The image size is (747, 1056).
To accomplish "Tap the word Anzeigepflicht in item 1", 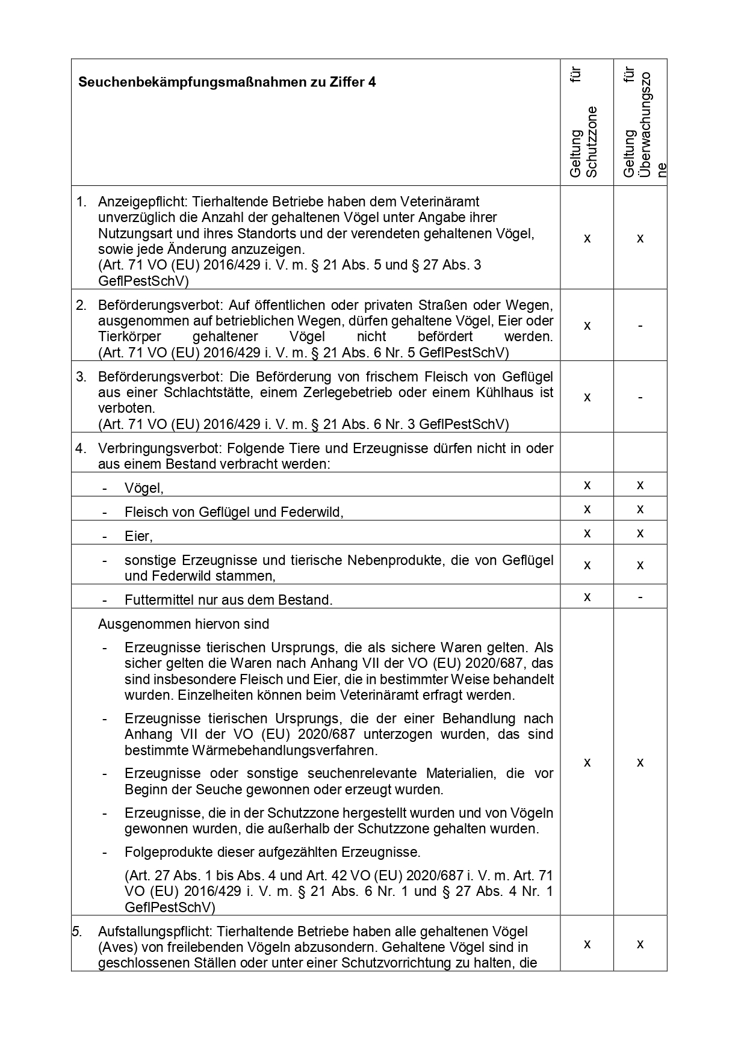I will tap(141, 202).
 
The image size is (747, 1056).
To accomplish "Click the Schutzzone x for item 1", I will tap(587, 239).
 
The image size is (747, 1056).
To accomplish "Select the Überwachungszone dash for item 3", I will tap(640, 398).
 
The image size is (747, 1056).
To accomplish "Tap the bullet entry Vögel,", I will tap(144, 489).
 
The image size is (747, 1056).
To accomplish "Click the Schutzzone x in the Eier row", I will tap(587, 534).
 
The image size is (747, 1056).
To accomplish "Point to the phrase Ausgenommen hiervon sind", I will tap(183, 625).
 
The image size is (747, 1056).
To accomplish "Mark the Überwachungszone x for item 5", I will tap(640, 944).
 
